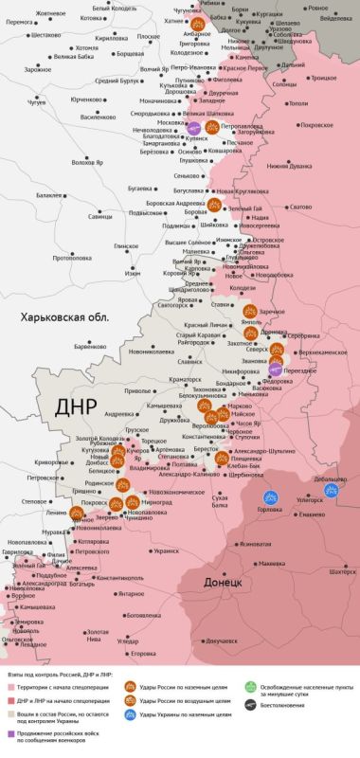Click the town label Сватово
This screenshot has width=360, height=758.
pos(299,207)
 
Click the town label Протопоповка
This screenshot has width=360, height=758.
pos(72,258)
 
